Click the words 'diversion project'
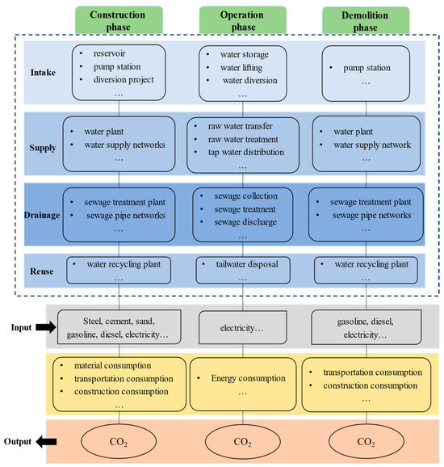(123, 79)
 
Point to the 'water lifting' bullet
(249, 67)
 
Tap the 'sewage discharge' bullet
(245, 221)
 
